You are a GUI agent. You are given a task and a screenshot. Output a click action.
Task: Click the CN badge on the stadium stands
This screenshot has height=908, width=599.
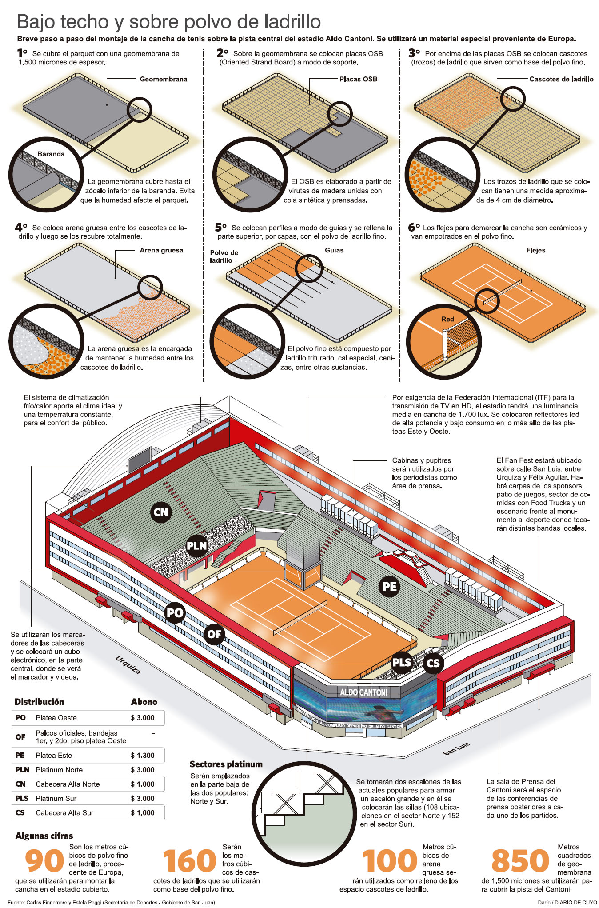pos(161,512)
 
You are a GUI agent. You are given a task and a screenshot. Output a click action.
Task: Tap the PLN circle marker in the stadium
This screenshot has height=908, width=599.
pos(197,546)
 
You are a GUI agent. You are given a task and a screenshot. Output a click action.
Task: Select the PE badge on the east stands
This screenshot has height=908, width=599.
pos(389,587)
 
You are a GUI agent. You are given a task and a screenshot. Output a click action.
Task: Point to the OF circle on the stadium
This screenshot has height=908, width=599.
pos(214,634)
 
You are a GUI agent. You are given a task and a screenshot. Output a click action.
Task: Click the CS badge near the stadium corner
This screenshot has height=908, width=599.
pos(433,664)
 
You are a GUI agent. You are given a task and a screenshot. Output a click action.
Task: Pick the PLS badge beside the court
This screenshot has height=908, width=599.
pos(402,662)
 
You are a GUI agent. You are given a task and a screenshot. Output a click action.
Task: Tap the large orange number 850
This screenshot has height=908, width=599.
pos(520,861)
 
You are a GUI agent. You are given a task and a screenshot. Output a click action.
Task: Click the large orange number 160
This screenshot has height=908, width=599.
pos(189,861)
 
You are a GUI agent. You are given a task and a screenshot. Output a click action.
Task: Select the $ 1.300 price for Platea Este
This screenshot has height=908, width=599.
pos(142,755)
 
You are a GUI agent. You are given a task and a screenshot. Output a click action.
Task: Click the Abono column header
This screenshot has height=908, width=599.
pos(144,702)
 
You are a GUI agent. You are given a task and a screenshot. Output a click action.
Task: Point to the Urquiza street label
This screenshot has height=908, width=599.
pos(128,665)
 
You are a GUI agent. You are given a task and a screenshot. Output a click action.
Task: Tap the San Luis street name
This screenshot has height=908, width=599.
pos(456,748)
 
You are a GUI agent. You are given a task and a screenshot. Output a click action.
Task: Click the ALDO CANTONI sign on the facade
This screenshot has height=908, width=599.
pos(363,692)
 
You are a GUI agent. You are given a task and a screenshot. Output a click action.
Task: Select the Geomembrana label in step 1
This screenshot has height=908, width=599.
pos(163,79)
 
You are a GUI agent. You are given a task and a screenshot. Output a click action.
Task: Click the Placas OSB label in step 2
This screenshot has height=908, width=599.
pos(358,79)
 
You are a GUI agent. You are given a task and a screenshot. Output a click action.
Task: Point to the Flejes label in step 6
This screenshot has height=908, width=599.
pos(535,250)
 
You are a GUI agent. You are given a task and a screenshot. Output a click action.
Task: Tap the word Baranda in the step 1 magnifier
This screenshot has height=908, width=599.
pos(51,154)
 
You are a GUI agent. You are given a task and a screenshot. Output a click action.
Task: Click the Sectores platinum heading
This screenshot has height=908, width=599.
pos(226,764)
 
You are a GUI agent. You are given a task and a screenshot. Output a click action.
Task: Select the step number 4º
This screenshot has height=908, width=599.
pos(21,228)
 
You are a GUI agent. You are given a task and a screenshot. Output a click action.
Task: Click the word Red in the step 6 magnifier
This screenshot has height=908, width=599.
pos(447,319)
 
